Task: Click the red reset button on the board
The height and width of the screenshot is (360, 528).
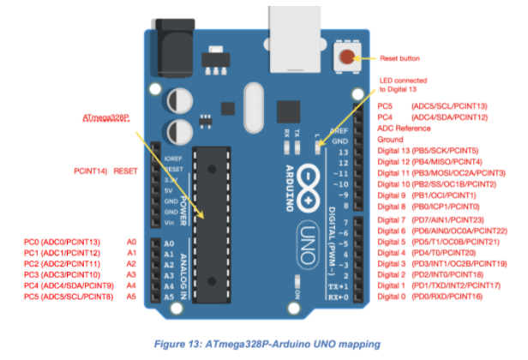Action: click(345, 58)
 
